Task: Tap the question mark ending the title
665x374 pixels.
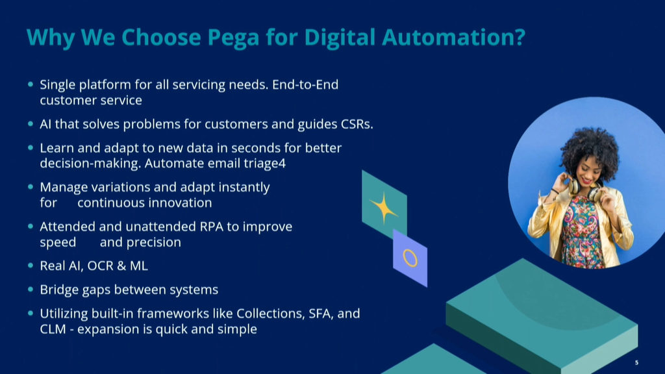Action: (x=519, y=37)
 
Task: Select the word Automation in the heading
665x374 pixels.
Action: (x=447, y=37)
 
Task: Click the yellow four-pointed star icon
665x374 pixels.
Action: (x=384, y=207)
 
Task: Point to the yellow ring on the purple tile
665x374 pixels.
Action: (x=410, y=258)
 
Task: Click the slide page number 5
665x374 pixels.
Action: (x=636, y=362)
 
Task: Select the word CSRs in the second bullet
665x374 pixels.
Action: (x=357, y=124)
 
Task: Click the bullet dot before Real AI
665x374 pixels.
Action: (x=30, y=266)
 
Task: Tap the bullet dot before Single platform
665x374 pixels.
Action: (x=30, y=84)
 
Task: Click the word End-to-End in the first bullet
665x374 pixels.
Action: (x=305, y=85)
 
